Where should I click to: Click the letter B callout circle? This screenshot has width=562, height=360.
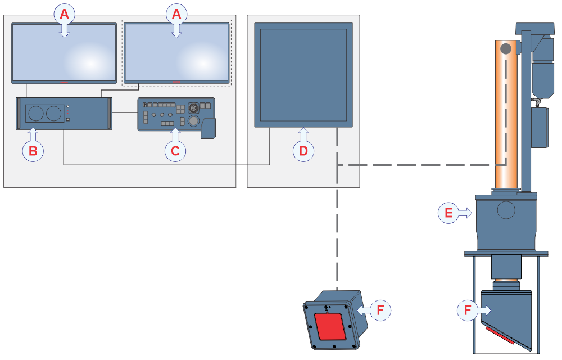33,150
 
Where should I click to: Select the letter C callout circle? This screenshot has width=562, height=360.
175,150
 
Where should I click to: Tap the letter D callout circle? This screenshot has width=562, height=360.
303,150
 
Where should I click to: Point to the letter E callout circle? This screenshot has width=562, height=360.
448,213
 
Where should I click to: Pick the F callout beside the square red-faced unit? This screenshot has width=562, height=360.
380,309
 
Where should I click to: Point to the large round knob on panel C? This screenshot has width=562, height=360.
193,120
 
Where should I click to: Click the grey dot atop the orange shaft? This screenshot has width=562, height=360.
506,49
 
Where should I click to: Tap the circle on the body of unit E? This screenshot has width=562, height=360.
506,210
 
